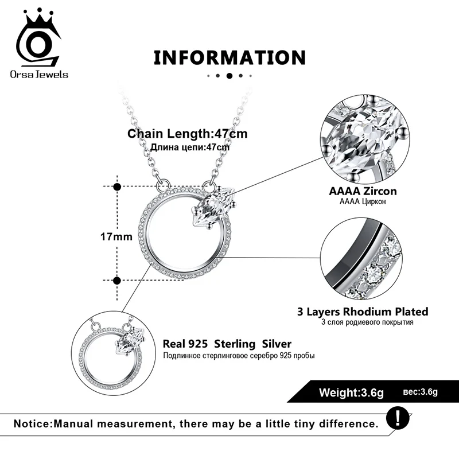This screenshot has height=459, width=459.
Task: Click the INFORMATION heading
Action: click(x=229, y=57)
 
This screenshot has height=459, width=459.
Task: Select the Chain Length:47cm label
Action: click(x=188, y=134)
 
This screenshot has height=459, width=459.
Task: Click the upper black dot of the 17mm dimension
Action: click(x=117, y=186)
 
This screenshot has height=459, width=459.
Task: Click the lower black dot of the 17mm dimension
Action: click(x=117, y=280)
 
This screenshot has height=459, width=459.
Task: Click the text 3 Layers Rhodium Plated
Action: click(x=363, y=312)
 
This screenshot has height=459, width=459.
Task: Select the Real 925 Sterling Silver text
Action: click(x=227, y=344)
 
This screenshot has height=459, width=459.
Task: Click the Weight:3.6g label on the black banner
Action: click(x=352, y=393)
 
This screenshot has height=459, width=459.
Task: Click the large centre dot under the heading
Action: click(x=229, y=75)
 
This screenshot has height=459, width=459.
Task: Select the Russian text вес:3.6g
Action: click(x=421, y=392)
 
